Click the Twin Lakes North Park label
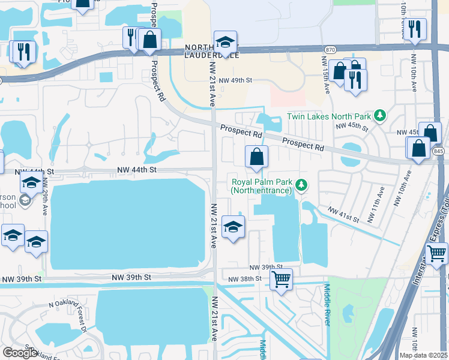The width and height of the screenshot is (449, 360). [x=330, y=116]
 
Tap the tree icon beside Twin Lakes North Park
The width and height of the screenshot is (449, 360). [x=379, y=115]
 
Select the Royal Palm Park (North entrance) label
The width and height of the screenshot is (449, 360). [x=262, y=186]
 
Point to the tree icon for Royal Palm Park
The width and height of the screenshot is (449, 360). [x=302, y=186]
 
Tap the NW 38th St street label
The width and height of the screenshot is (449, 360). [x=245, y=279]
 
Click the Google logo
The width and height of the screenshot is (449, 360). [x=19, y=353]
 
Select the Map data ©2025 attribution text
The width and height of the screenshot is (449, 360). [x=423, y=355]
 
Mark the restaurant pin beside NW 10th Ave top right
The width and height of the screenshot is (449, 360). [x=415, y=28]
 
